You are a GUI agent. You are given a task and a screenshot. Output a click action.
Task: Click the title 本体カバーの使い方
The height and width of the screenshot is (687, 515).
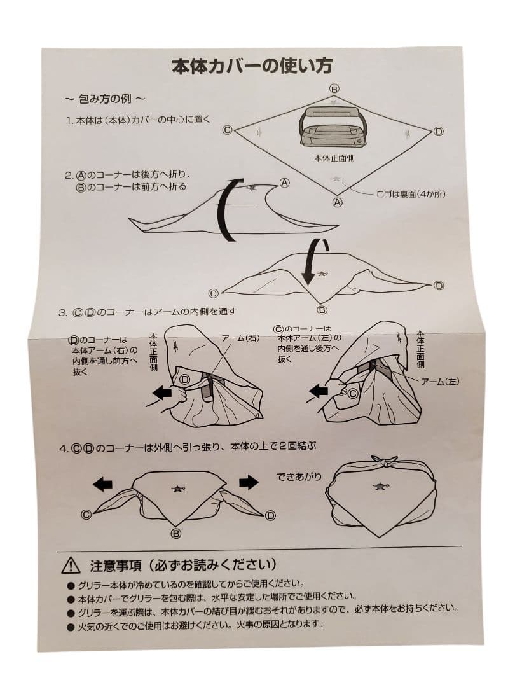click(252, 66)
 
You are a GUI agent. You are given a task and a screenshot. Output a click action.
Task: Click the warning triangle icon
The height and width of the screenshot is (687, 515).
click(71, 566)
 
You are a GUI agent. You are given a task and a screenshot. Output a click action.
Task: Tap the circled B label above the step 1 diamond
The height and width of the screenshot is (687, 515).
click(334, 89)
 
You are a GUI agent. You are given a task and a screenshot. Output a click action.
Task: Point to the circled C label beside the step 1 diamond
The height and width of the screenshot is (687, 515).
click(227, 130)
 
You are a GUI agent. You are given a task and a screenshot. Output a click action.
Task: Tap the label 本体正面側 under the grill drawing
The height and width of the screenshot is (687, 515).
click(334, 158)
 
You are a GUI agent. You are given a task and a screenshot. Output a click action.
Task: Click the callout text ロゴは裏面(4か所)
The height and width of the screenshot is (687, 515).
click(411, 193)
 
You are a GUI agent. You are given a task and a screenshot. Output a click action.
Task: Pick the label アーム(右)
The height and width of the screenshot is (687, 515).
click(240, 338)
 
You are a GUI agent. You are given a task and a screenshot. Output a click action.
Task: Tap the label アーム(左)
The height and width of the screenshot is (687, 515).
click(440, 382)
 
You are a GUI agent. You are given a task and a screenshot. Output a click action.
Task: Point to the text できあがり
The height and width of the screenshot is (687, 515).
click(299, 476)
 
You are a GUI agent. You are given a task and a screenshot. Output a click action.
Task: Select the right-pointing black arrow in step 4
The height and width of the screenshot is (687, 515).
click(249, 482)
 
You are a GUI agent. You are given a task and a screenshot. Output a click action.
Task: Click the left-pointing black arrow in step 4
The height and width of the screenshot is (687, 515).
click(103, 484)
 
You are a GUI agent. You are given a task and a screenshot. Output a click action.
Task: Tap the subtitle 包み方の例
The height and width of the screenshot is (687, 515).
click(105, 99)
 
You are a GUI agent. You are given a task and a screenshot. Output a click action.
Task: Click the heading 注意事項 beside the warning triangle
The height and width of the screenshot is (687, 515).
click(116, 566)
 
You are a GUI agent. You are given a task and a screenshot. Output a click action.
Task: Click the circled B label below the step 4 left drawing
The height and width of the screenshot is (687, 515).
click(176, 534)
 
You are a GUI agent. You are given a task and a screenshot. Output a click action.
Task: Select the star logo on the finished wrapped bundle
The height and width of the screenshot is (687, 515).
click(380, 485)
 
